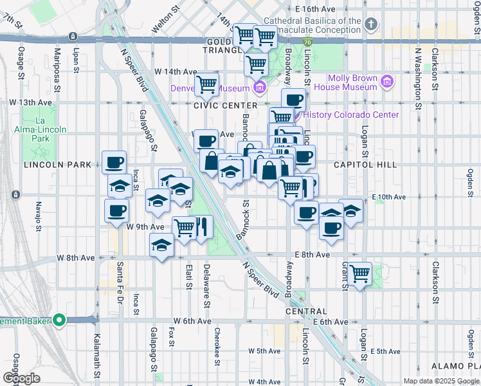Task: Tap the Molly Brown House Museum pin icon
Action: pyautogui.click(x=386, y=82)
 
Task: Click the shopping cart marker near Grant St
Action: pyautogui.click(x=359, y=274)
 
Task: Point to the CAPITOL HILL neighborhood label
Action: pyautogui.click(x=365, y=165)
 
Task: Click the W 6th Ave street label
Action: pyautogui.click(x=192, y=321)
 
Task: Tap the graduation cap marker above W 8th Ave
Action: pyautogui.click(x=162, y=244)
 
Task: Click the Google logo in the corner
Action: pyautogui.click(x=21, y=378)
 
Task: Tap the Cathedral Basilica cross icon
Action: pyautogui.click(x=370, y=25)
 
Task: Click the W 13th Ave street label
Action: pyautogui.click(x=30, y=102)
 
